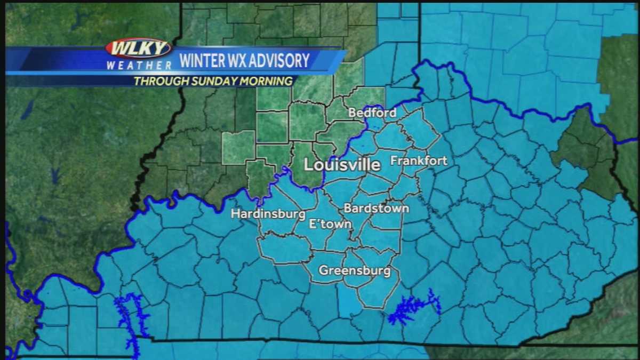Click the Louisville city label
coord(342,165)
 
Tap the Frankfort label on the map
coord(419,161)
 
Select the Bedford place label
coord(372,113)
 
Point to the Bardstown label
coord(376,208)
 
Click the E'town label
coord(331,224)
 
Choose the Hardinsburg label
coord(268,214)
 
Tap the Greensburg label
coord(354,270)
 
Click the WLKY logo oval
coord(138,49)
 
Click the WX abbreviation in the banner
coord(239,61)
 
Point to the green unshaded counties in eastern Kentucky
coord(584,152)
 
